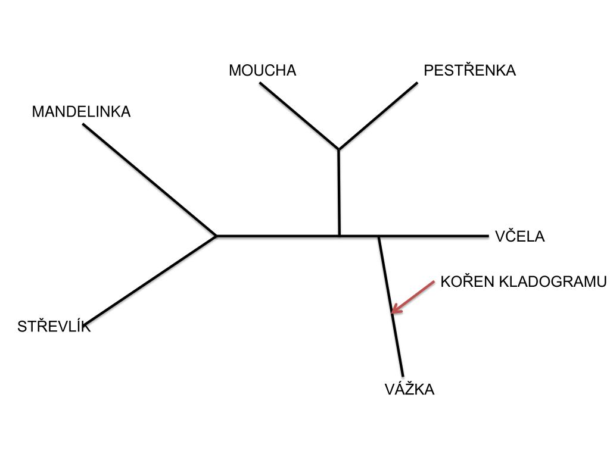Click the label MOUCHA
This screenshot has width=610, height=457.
[x=262, y=70]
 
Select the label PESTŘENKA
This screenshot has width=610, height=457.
[x=469, y=70]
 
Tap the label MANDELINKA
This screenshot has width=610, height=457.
[x=81, y=111]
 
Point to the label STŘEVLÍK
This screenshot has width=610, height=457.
[x=54, y=326]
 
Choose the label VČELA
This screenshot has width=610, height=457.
[x=519, y=236]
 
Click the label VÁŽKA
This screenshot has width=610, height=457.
[x=409, y=390]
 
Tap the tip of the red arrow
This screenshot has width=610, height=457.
[x=393, y=312]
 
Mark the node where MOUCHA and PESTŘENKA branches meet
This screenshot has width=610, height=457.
[x=338, y=149]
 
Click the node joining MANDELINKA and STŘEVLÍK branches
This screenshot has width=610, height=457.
[x=216, y=236]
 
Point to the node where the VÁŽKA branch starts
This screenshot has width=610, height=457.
[x=379, y=236]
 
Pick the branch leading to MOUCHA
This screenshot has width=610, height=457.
[x=299, y=115]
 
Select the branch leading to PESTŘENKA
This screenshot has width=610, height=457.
[x=378, y=115]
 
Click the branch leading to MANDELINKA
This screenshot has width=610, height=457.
[x=149, y=180]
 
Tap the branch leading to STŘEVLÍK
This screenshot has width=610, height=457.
[x=152, y=280]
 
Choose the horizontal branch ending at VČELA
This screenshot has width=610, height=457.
[x=435, y=236]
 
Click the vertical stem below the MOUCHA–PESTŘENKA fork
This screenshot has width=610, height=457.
[x=339, y=192]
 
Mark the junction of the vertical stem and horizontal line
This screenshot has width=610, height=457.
[x=339, y=236]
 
